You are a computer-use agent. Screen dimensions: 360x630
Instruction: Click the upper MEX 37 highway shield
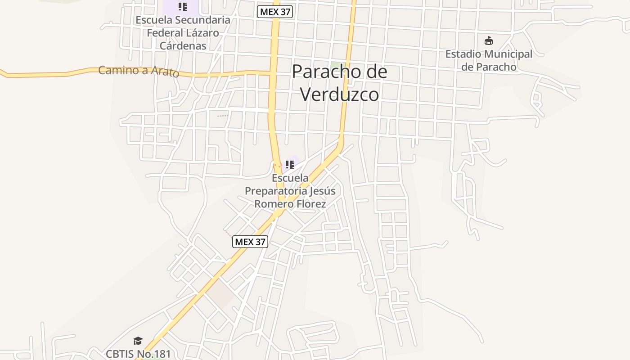[275, 12]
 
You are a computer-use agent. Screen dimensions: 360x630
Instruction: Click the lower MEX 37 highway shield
[250, 242]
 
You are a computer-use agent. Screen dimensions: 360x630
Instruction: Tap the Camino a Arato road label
[139, 71]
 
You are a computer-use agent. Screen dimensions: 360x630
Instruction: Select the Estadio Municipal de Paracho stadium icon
[489, 41]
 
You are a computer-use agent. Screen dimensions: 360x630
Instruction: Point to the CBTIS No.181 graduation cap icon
[138, 341]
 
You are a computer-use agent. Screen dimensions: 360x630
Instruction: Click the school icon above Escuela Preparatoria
[290, 164]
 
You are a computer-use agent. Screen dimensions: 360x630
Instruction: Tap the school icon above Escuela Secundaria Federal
[182, 7]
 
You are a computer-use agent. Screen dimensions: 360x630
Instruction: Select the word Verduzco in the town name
[340, 94]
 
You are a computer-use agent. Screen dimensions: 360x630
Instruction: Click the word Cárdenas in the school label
[183, 46]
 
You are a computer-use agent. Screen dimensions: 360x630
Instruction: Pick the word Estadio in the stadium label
[463, 54]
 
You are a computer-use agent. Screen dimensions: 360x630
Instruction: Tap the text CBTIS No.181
[139, 354]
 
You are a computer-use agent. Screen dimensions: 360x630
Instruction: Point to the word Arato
[165, 72]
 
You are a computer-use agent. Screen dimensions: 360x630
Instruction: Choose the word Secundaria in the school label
[202, 20]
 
